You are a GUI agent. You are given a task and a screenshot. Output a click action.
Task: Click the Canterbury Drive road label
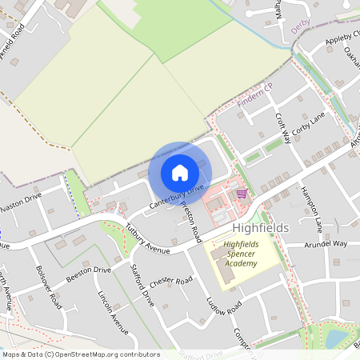[177, 198]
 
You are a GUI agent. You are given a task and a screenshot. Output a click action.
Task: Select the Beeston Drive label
[88, 274]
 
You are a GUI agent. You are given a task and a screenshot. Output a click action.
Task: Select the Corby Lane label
[309, 127]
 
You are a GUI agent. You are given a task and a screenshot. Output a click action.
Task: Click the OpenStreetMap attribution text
[81, 354]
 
